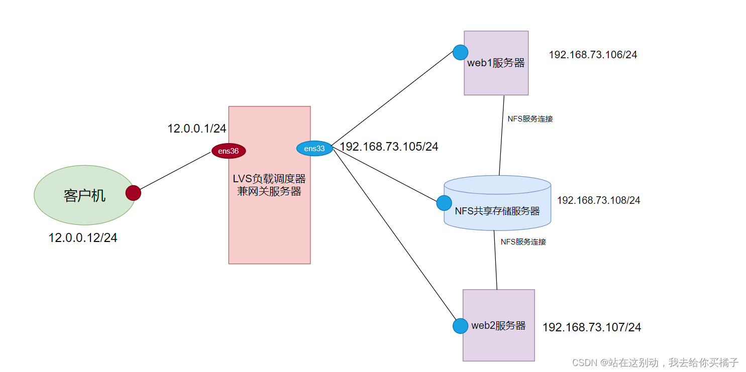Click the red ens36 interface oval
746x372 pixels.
pos(229,151)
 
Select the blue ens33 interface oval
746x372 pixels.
pos(314,149)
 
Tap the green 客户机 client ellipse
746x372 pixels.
pos(84,195)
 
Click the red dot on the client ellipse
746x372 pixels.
pos(133,193)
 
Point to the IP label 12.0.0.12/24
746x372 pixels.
pos(83,238)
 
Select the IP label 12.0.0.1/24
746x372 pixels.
pos(197,129)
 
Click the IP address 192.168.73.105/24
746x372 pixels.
pos(389,147)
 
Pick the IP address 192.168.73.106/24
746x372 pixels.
pos(593,55)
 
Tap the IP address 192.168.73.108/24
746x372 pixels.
pos(598,200)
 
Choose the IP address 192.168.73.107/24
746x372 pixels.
pos(592,327)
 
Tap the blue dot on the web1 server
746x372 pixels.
pos(460,52)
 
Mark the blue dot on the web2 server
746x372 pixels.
pos(460,326)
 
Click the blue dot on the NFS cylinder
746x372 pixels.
pos(444,203)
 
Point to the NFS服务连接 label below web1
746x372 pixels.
pos(530,119)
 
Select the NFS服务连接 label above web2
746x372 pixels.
pos(523,241)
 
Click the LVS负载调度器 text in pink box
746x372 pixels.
pos(269,179)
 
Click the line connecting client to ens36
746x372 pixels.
pos(175,172)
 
